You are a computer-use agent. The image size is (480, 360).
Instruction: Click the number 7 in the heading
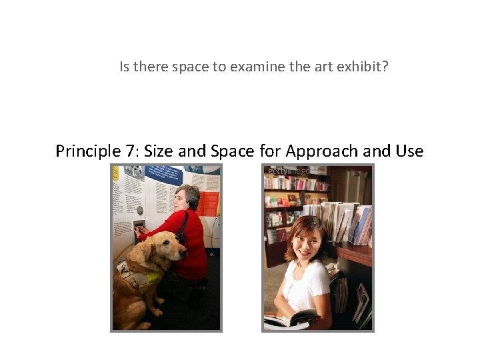coord(131,151)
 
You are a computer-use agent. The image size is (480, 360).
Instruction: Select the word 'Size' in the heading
coord(158,151)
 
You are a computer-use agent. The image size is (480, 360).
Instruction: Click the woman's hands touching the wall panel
coord(141,231)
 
